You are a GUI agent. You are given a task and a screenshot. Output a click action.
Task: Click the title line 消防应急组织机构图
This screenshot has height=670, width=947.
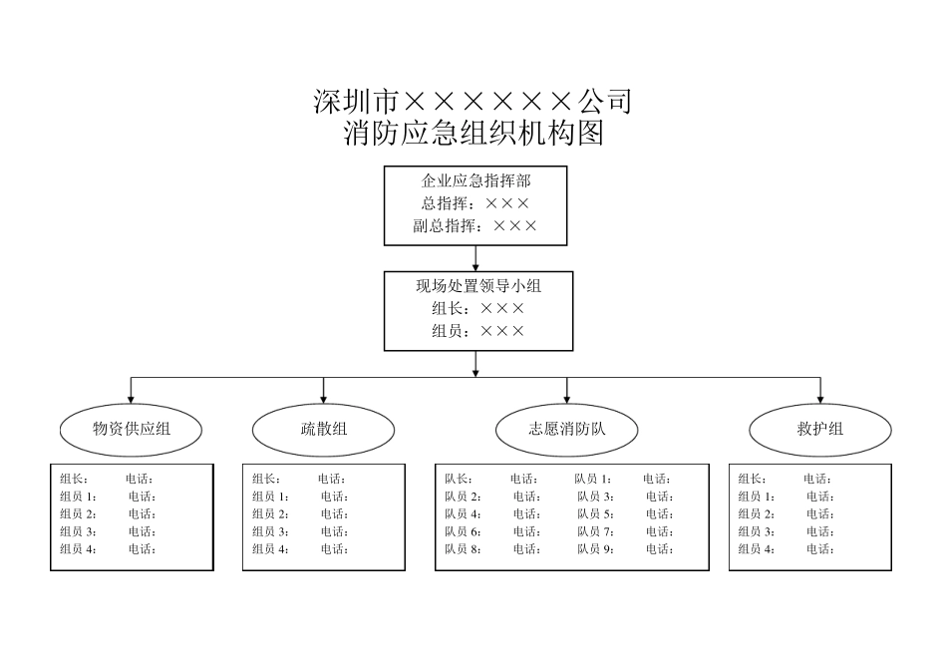click(473, 134)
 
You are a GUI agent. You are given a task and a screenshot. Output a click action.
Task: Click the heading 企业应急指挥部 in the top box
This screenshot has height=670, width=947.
click(475, 180)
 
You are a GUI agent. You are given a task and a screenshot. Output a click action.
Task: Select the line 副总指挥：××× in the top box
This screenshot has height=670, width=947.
click(475, 225)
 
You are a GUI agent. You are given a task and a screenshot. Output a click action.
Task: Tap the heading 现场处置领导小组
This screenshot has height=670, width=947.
click(478, 286)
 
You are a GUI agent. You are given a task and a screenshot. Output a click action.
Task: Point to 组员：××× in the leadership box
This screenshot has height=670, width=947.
click(478, 331)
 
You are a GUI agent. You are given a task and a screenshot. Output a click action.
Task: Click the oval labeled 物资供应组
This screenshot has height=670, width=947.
click(132, 430)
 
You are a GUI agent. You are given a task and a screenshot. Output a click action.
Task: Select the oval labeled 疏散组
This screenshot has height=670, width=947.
click(324, 430)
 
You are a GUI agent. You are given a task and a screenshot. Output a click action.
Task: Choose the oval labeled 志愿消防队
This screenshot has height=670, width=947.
click(566, 430)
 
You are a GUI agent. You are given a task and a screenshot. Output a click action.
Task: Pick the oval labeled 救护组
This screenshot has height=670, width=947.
click(819, 430)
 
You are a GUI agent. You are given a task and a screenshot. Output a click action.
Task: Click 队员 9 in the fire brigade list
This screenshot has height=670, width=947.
click(595, 549)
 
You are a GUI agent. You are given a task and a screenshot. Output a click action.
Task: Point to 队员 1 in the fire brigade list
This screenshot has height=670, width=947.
click(592, 480)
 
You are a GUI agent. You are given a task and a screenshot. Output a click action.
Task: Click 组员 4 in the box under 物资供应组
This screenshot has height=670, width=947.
click(78, 549)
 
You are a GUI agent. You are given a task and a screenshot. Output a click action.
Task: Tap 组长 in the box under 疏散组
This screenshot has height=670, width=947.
click(266, 480)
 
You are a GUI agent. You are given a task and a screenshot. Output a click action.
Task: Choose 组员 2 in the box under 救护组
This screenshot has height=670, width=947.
click(757, 514)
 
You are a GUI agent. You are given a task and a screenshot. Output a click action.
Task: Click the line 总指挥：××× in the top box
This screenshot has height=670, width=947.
click(475, 203)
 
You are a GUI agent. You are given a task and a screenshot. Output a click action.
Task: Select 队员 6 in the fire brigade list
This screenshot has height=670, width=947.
click(463, 532)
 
